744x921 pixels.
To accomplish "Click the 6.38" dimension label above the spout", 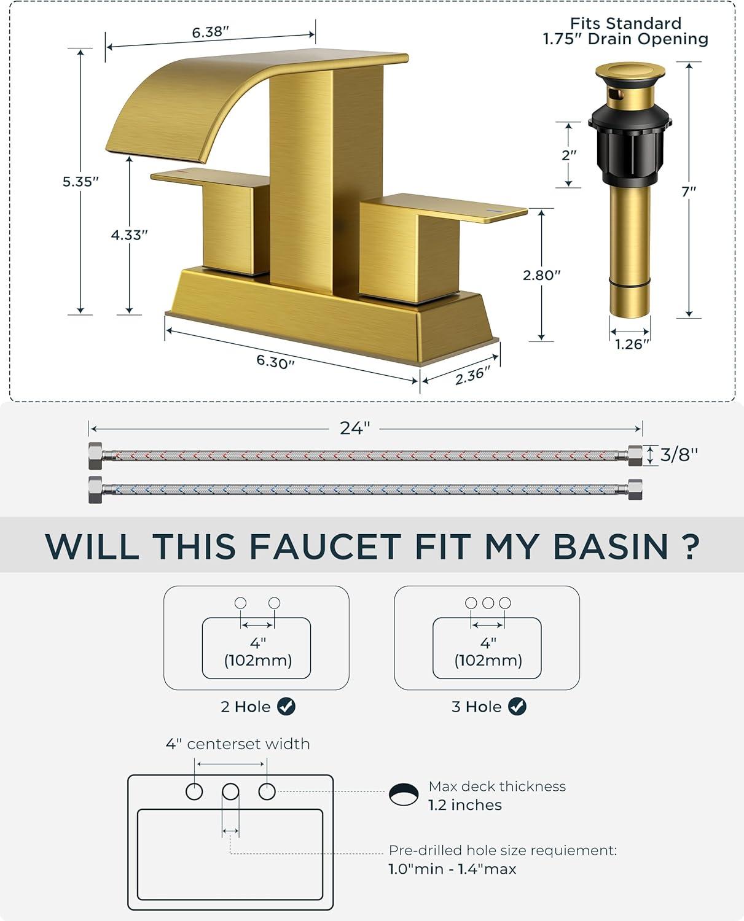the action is (210, 32).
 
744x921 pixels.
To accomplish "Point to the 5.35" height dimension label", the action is (80, 182).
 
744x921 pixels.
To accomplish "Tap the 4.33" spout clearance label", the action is (130, 235).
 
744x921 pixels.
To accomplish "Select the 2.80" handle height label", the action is (541, 275).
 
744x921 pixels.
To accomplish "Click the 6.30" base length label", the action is (275, 362).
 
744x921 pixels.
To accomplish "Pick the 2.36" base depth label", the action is (473, 375).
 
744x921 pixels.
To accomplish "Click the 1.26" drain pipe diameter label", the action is (632, 344).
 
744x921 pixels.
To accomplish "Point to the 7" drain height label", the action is (689, 191).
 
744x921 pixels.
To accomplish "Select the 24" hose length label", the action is (355, 428).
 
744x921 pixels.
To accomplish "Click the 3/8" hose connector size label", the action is (679, 454).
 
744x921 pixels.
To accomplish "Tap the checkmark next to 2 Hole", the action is (286, 706).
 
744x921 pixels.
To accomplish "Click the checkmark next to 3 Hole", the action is (517, 706).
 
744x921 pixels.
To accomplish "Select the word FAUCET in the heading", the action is (325, 547).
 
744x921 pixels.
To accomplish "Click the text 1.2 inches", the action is (465, 805).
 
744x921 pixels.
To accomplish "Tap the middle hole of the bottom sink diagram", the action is (230, 791).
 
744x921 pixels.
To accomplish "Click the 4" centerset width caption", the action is (238, 744).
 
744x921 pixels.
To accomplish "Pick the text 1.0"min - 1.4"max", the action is (452, 869).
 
